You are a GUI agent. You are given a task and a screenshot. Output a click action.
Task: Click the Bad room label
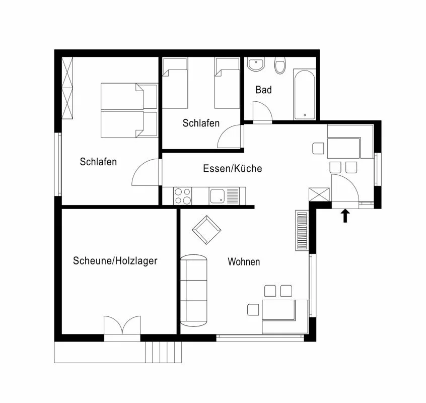tap(263, 90)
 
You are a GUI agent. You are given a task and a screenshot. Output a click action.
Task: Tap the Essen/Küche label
tap(233, 168)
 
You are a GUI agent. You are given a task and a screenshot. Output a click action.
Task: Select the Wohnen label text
tap(244, 261)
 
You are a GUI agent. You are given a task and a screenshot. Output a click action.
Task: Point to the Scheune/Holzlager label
tap(115, 261)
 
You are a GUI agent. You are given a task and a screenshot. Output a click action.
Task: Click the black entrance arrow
tap(345, 216)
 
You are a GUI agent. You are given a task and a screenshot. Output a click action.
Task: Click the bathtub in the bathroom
tap(305, 94)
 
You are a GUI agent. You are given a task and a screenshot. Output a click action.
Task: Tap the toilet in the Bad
tap(280, 65)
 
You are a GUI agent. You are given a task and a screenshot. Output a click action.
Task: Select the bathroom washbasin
tap(256, 64)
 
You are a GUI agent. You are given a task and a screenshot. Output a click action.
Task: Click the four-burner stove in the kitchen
tap(183, 196)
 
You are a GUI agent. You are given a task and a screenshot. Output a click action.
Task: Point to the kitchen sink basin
tap(217, 196)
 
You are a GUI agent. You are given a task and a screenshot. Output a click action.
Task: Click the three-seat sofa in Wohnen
tap(194, 291)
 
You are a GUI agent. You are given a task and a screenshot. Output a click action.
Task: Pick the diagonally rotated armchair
tap(206, 230)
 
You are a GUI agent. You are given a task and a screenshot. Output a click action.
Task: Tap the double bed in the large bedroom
tap(129, 110)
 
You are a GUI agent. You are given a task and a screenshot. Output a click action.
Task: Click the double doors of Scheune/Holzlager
tap(122, 325)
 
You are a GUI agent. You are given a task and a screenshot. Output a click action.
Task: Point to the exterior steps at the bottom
tap(163, 352)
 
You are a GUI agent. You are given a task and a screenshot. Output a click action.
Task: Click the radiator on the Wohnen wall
tap(302, 230)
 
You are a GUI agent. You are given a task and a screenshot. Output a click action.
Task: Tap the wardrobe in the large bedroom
tap(67, 88)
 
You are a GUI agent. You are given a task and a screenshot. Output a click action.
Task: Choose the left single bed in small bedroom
tap(175, 83)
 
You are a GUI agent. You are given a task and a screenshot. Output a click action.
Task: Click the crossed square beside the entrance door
tap(319, 194)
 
